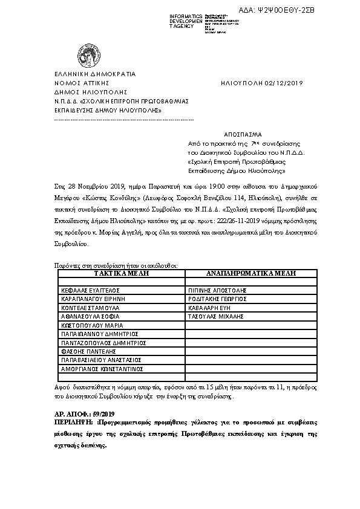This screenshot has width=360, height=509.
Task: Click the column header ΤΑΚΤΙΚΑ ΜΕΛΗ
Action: (x=120, y=273)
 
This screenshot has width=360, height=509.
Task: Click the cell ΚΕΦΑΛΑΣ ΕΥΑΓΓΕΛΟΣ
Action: (x=90, y=290)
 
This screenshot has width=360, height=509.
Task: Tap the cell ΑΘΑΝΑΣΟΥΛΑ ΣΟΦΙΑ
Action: (x=90, y=316)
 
